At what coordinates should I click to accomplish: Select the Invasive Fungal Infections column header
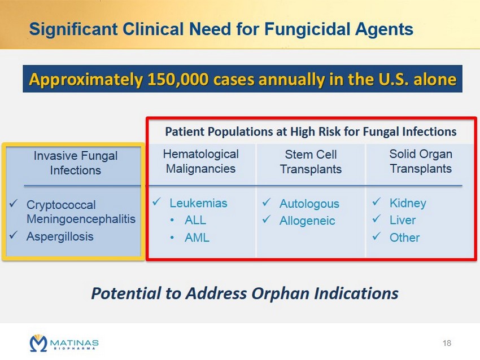pyautogui.click(x=75, y=163)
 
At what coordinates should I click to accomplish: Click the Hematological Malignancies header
pyautogui.click(x=201, y=161)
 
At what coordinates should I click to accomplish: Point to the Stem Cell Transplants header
pyautogui.click(x=311, y=162)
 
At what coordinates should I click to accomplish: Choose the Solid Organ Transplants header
pyautogui.click(x=421, y=161)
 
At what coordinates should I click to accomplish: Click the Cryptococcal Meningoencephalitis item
pyautogui.click(x=81, y=212)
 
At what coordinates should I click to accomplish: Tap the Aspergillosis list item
pyautogui.click(x=60, y=236)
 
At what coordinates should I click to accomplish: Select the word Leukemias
pyautogui.click(x=198, y=203)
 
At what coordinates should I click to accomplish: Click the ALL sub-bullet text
pyautogui.click(x=195, y=220)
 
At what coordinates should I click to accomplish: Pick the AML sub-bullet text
pyautogui.click(x=197, y=238)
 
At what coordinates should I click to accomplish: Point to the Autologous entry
pyautogui.click(x=309, y=204)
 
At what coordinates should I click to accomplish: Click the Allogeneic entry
pyautogui.click(x=307, y=221)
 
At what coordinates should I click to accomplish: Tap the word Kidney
pyautogui.click(x=408, y=203)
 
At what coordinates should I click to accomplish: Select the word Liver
pyautogui.click(x=403, y=220)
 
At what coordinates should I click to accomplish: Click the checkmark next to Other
pyautogui.click(x=377, y=236)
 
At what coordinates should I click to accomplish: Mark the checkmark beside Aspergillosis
pyautogui.click(x=14, y=235)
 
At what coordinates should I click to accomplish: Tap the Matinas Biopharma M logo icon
pyautogui.click(x=38, y=343)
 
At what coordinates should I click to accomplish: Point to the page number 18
pyautogui.click(x=447, y=343)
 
